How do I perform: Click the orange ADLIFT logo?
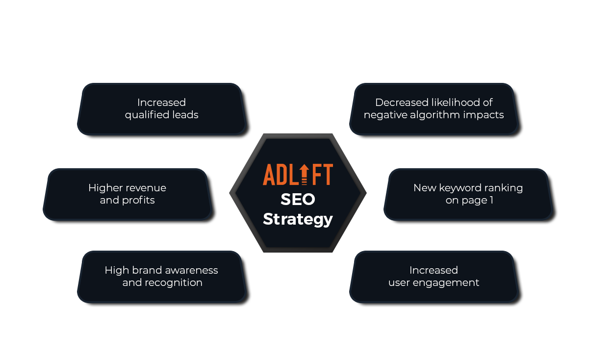[x=298, y=175]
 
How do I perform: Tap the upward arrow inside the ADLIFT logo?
[x=304, y=174]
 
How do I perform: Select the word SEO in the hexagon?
[x=298, y=199]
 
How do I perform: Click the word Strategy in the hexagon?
[x=298, y=220]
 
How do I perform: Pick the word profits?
[x=138, y=201]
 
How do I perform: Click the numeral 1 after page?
[x=491, y=200]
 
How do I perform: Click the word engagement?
[x=446, y=283]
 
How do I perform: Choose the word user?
[x=399, y=283]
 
